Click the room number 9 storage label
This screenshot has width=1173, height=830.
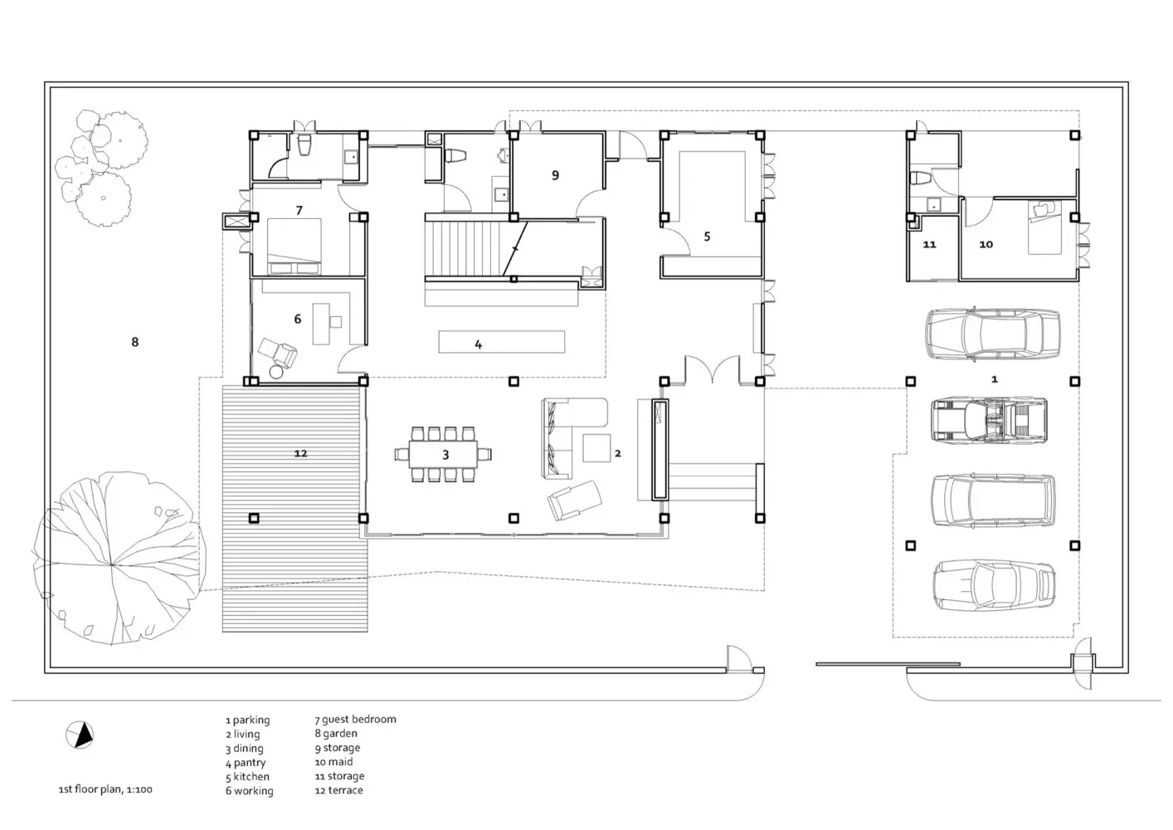click(555, 175)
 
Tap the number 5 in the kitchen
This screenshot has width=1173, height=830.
click(707, 237)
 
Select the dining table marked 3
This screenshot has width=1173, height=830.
click(444, 454)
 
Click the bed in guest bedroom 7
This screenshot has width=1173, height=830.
click(294, 247)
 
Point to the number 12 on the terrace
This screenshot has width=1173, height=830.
click(300, 453)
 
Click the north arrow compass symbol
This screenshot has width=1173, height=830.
click(80, 735)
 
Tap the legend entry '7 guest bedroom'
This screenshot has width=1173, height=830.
click(356, 720)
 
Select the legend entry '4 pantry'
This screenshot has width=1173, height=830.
click(246, 763)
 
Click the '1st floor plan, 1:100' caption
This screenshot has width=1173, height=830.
click(105, 789)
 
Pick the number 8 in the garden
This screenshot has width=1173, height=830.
click(135, 342)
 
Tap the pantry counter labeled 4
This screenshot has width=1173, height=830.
click(502, 342)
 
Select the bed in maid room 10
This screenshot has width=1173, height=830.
click(1044, 227)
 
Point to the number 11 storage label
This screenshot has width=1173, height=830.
click(929, 245)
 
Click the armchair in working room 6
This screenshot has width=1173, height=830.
click(278, 353)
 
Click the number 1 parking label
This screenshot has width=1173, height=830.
click(995, 379)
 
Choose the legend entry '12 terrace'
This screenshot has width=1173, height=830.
click(338, 790)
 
